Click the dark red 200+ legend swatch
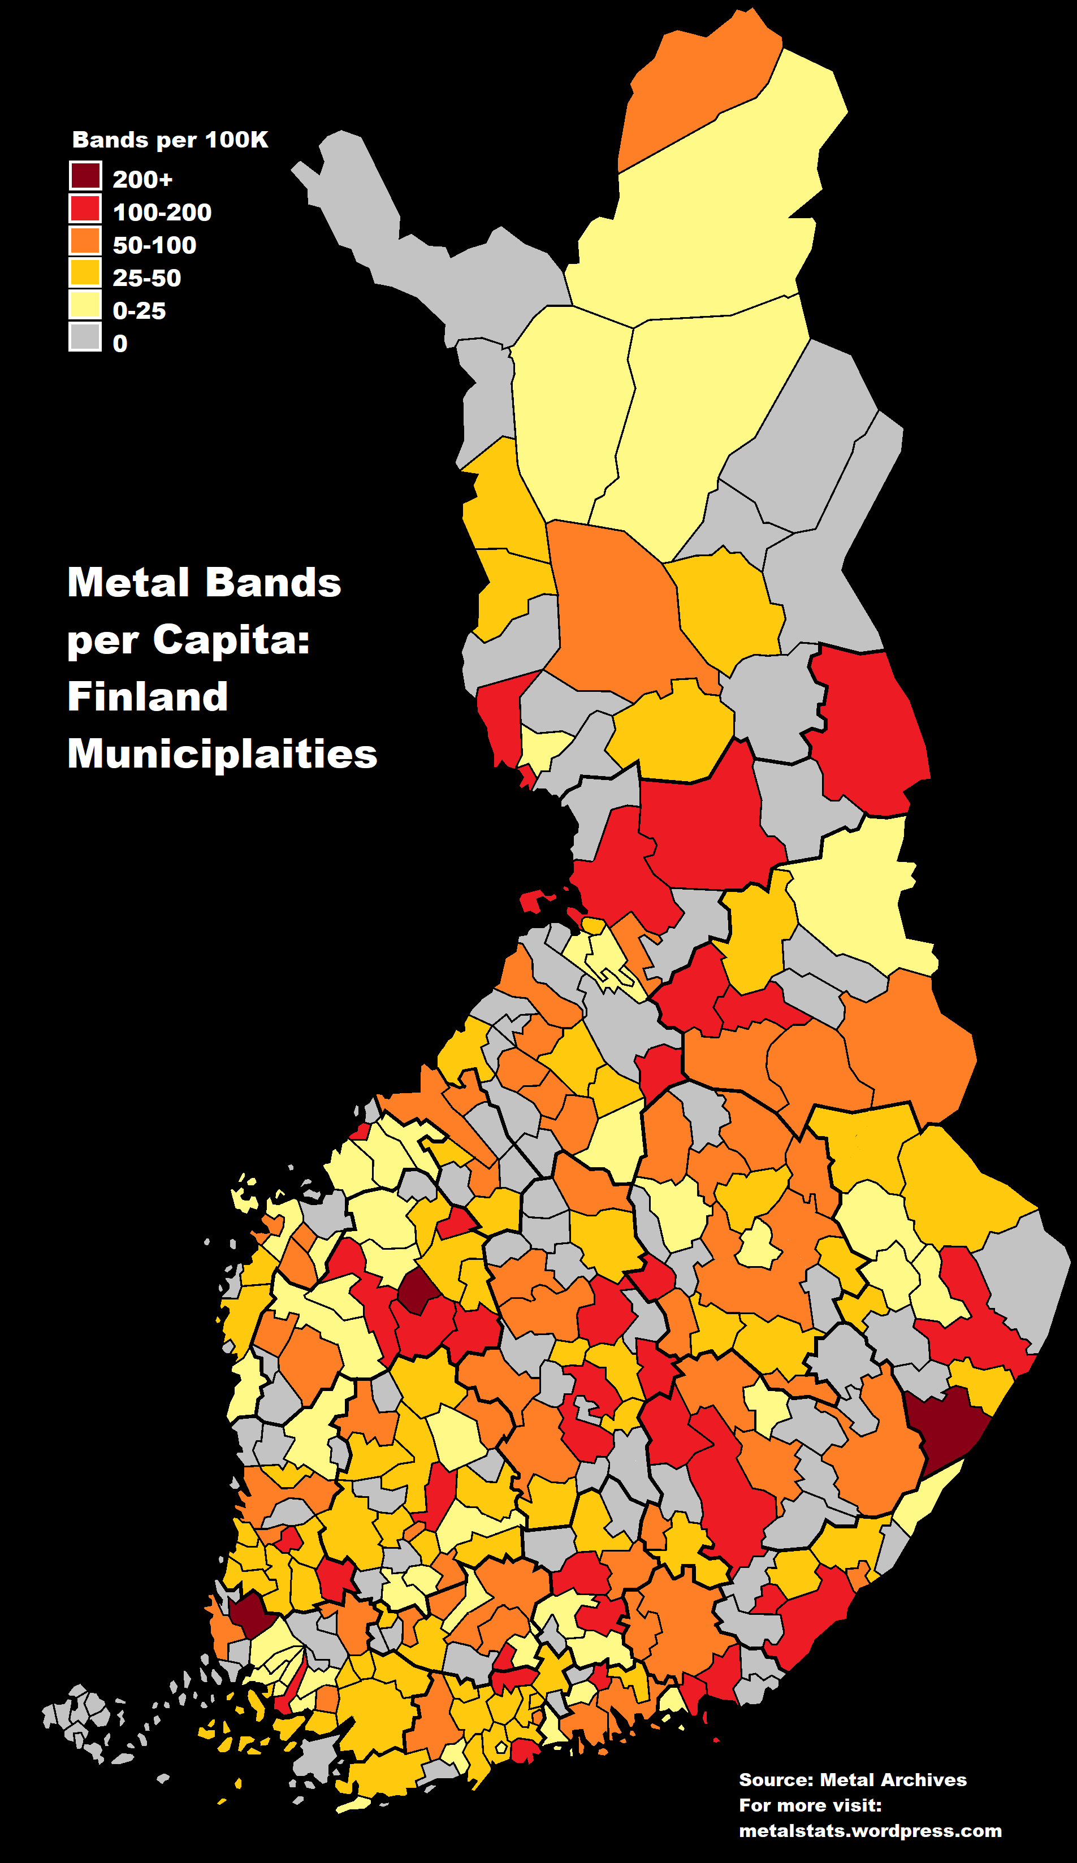tap(85, 176)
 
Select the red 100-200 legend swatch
tap(85, 209)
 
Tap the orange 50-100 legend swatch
tap(85, 241)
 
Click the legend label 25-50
tap(146, 278)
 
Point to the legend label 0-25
tap(139, 310)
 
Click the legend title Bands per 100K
tap(170, 140)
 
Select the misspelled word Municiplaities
tap(222, 754)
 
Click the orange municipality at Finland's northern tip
tap(695, 89)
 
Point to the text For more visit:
tap(810, 1805)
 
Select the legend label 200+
tap(142, 180)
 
